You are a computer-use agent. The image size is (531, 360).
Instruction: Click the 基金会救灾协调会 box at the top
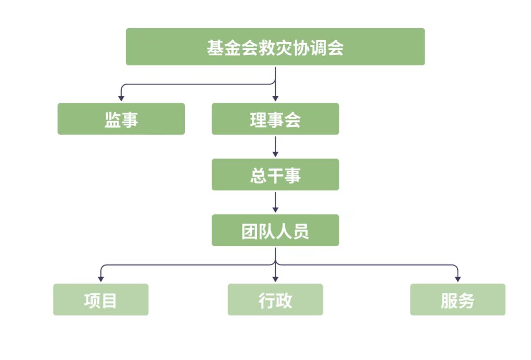pos(275,47)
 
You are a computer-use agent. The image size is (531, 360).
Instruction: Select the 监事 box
pos(121,119)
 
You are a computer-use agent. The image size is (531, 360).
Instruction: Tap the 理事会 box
pos(275,119)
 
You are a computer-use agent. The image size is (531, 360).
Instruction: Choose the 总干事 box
pos(275,175)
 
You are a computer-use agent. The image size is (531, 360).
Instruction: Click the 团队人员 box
pos(275,230)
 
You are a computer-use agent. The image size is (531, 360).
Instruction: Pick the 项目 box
pos(101,300)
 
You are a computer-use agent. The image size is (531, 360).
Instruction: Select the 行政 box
pos(275,300)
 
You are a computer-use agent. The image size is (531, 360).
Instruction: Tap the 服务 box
pos(457,300)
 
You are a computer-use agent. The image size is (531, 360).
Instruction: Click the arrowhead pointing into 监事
pos(121,98)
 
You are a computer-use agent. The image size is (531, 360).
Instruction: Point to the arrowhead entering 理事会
pos(275,98)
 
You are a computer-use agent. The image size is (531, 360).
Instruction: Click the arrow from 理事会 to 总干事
pos(275,146)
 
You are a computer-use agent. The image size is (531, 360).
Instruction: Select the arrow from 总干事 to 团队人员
pos(275,202)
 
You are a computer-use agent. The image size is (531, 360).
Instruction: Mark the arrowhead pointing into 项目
pos(101,279)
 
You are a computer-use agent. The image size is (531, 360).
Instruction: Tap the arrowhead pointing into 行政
pos(275,279)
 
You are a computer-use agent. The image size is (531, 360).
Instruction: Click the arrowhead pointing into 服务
pos(457,279)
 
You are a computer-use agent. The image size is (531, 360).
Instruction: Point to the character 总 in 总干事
pos(258,175)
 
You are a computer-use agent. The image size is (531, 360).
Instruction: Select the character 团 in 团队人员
pos(250,231)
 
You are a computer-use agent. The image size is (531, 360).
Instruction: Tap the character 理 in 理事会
pos(258,120)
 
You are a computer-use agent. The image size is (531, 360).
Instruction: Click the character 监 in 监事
pos(112,120)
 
